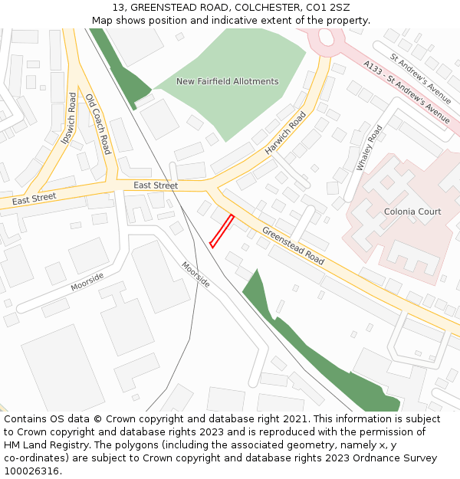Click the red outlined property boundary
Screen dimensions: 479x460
point(222,231)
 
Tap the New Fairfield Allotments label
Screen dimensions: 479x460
point(227,81)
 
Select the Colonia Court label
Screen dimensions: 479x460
point(412,212)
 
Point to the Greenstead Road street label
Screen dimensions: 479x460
point(293,246)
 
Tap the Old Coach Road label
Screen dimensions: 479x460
point(98,124)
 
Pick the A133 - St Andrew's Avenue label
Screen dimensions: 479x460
point(407,93)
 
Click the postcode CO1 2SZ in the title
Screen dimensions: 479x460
point(328,8)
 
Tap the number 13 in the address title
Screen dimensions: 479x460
point(118,8)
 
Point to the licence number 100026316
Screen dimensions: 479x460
point(33,471)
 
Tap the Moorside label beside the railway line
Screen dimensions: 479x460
point(195,274)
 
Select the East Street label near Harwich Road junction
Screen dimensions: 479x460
point(155,185)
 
